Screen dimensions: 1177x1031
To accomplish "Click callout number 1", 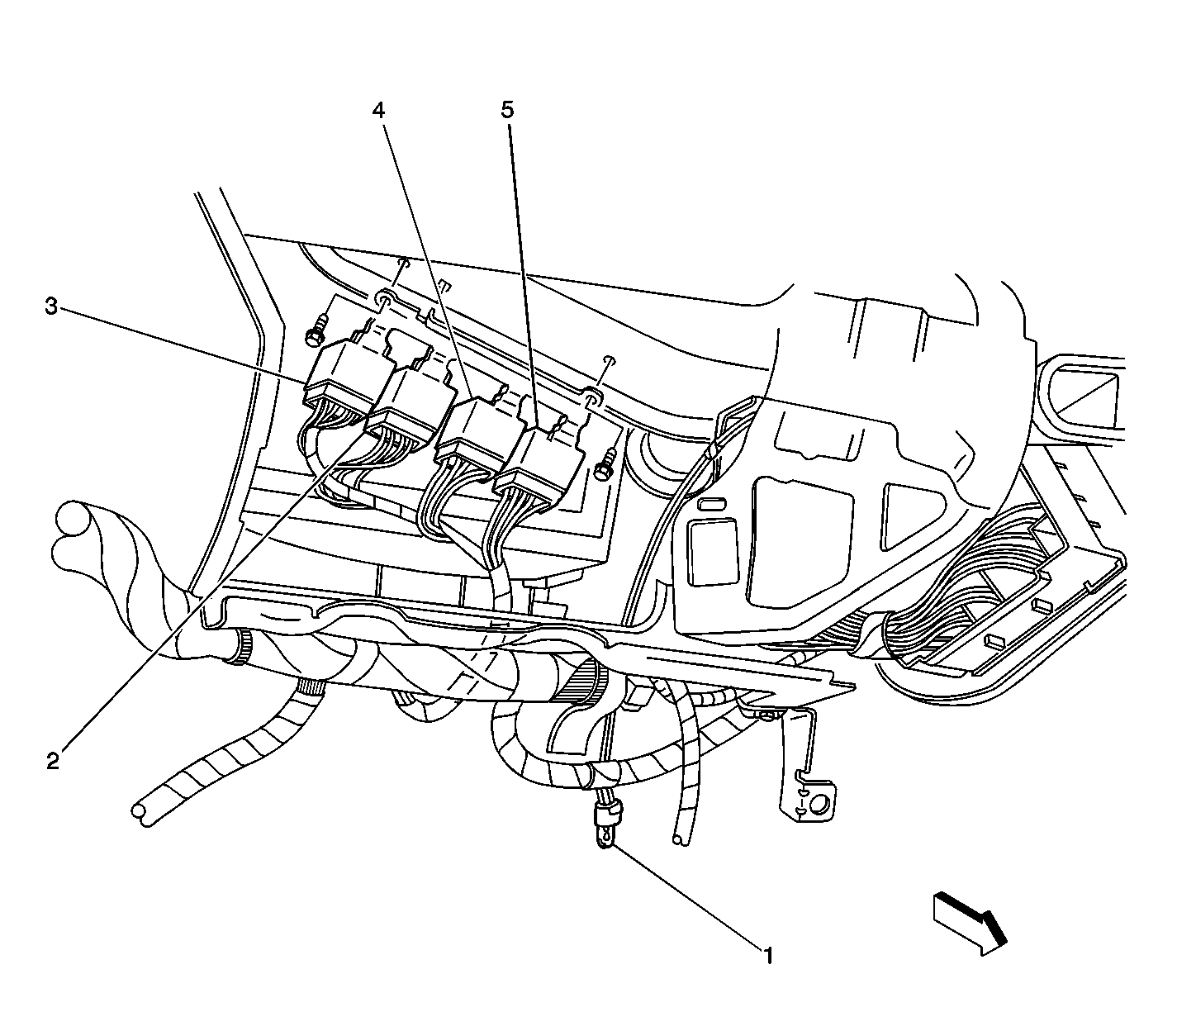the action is pyautogui.click(x=768, y=956).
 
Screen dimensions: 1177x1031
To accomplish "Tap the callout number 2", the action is pyautogui.click(x=53, y=763).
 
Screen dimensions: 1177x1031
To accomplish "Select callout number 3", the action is pyautogui.click(x=52, y=306).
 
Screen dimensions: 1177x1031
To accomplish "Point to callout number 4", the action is pyautogui.click(x=378, y=109).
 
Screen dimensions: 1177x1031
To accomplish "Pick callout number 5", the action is pyautogui.click(x=507, y=109).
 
